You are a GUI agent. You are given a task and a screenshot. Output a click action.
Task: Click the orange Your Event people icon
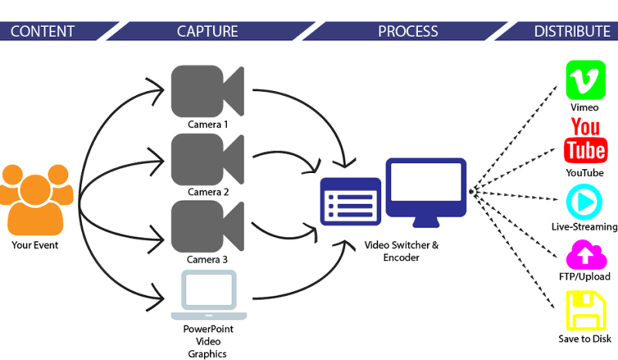36,200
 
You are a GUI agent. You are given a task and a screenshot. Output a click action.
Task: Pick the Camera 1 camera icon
207,91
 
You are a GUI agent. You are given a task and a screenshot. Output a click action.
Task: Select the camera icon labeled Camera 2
207,159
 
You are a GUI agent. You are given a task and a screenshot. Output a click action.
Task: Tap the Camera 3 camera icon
207,226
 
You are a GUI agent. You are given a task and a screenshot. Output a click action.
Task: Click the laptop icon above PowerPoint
209,295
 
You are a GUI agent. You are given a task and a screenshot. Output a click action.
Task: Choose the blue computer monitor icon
426,192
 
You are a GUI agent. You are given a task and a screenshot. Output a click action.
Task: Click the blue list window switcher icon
351,202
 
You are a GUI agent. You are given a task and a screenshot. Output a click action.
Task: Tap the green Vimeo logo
586,80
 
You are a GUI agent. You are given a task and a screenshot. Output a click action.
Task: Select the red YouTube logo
586,141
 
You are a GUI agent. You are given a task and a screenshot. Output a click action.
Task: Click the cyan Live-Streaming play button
584,202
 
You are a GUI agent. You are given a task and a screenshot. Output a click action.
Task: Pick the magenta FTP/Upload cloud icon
586,256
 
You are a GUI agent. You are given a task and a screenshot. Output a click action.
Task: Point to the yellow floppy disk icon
586,311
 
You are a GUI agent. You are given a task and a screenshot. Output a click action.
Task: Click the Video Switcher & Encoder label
401,251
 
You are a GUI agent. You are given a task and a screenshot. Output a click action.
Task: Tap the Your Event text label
35,245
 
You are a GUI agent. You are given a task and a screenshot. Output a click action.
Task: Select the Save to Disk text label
585,338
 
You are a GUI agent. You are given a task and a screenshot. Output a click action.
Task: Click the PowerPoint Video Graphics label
208,341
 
